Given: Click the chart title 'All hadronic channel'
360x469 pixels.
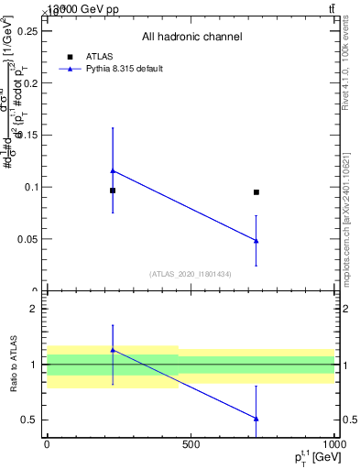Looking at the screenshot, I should pyautogui.click(x=191, y=38).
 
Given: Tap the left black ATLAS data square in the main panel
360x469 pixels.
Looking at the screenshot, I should pyautogui.click(x=113, y=191).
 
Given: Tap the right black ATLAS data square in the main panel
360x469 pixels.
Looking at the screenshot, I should pyautogui.click(x=256, y=192).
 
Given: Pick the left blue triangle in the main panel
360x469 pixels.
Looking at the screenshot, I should pyautogui.click(x=113, y=170).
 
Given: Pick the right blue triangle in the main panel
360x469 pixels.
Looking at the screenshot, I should pyautogui.click(x=256, y=240).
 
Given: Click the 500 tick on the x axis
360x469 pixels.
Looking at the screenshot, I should pyautogui.click(x=191, y=445).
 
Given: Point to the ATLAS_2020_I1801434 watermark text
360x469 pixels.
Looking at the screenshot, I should pyautogui.click(x=191, y=274).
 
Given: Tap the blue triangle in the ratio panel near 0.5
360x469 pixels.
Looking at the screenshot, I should pyautogui.click(x=256, y=419).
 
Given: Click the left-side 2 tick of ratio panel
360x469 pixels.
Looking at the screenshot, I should pyautogui.click(x=33, y=309).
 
